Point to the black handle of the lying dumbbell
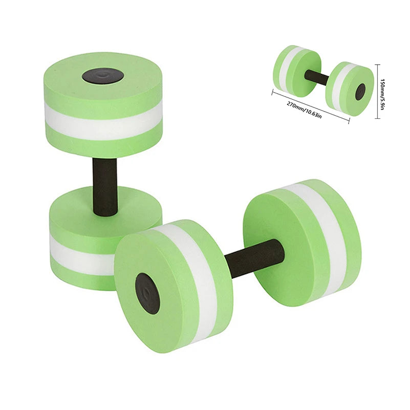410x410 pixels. (255, 259)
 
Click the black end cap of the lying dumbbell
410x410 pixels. (147, 293)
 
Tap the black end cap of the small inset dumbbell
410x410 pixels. (360, 91)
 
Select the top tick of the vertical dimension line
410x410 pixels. (378, 64)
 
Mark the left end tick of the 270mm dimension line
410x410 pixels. (273, 92)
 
